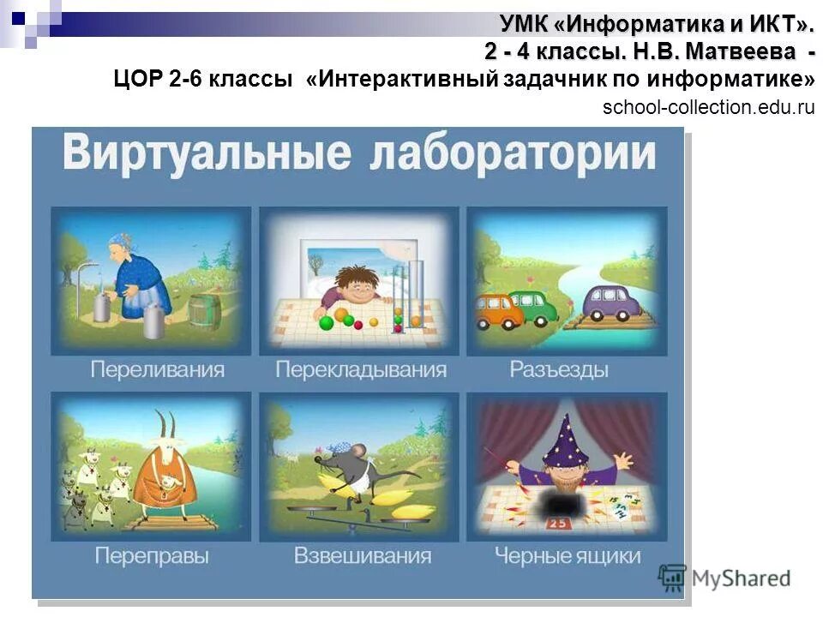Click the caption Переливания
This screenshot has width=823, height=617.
point(158,370)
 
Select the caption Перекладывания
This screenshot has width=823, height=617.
point(361,370)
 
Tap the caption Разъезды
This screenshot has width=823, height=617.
point(558,370)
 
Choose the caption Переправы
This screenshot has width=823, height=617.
point(152,555)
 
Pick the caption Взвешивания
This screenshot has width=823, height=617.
point(362,555)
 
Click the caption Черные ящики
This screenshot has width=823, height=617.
point(567,555)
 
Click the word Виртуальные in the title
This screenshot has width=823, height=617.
point(207,155)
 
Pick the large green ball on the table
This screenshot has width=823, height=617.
point(326,324)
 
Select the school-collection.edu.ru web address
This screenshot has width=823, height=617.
point(709,107)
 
